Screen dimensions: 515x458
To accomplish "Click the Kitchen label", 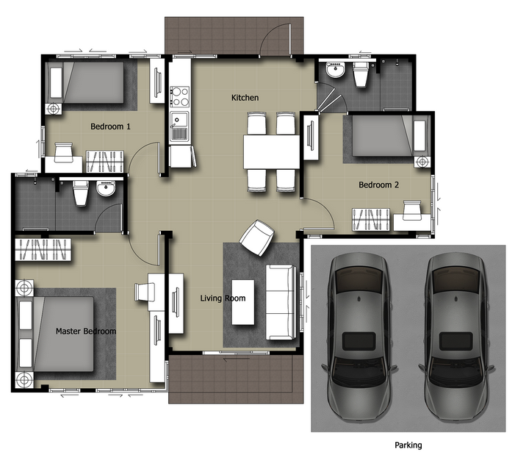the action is tap(245, 98).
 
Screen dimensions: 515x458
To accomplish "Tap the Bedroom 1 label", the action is tap(110, 126).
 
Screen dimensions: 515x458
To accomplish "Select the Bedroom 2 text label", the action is tap(378, 185).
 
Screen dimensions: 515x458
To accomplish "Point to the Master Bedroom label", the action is tap(86, 331).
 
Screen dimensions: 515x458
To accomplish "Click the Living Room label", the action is tap(223, 298).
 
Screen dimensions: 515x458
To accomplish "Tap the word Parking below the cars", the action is tap(408, 446).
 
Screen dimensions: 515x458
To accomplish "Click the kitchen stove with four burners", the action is tap(180, 96).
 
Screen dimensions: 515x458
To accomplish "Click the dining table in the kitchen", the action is tap(271, 151).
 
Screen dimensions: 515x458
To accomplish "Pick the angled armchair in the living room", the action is tap(257, 238).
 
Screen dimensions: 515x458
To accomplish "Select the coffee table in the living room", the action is tap(243, 302).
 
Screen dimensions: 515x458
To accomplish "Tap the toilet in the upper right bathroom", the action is tap(360, 74).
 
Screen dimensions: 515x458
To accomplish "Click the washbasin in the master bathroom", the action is tap(106, 188).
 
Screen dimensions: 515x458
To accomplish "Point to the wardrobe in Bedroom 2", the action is tap(371, 220).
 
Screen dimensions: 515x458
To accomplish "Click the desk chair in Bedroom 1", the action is tap(63, 152).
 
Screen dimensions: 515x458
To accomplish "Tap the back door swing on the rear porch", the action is tap(275, 40).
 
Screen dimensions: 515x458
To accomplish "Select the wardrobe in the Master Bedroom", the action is tap(43, 249).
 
